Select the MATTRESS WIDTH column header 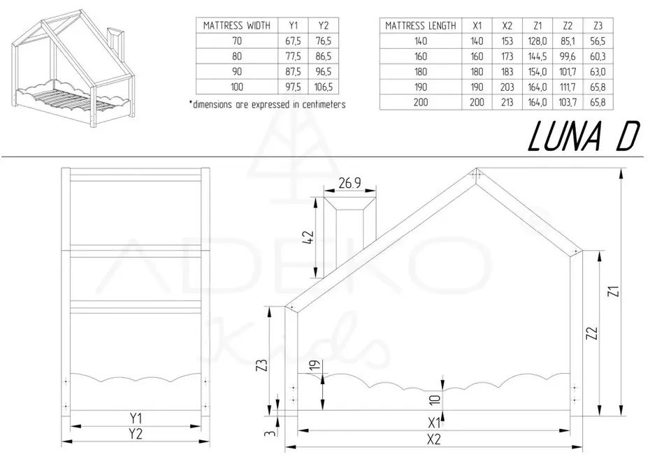pyautogui.click(x=237, y=25)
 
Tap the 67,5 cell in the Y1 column pyautogui.click(x=293, y=41)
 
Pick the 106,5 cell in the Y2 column pyautogui.click(x=324, y=87)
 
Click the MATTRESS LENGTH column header pyautogui.click(x=420, y=26)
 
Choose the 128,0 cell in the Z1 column pyautogui.click(x=537, y=41)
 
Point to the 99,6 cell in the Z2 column pyautogui.click(x=568, y=57)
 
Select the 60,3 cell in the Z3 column pyautogui.click(x=598, y=57)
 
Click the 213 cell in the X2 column pyautogui.click(x=507, y=102)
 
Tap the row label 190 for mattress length pyautogui.click(x=420, y=87)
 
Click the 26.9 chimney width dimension pyautogui.click(x=349, y=183)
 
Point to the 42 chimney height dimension pyautogui.click(x=309, y=237)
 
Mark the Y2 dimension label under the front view pyautogui.click(x=135, y=434)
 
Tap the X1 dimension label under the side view pyautogui.click(x=433, y=423)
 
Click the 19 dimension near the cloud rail pyautogui.click(x=315, y=366)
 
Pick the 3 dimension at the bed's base pyautogui.click(x=270, y=433)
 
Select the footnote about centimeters pyautogui.click(x=267, y=104)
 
